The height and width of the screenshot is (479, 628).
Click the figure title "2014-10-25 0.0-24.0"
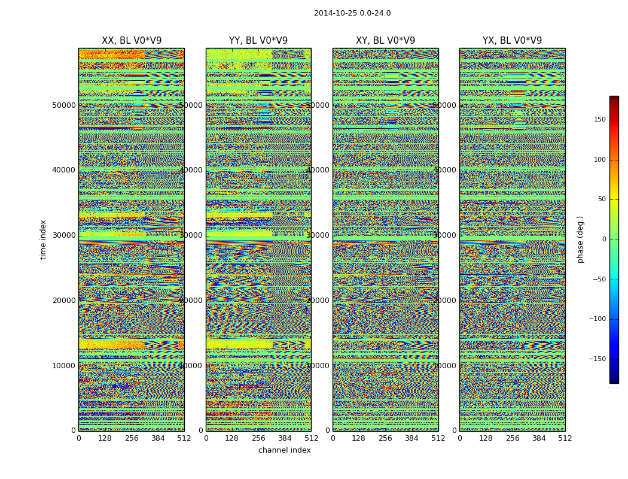352,13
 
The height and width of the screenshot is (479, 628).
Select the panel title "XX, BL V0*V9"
132,41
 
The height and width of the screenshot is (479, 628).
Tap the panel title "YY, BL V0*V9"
258,41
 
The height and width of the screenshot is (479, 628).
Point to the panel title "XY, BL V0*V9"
385,41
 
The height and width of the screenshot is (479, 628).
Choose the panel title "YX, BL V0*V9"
512,41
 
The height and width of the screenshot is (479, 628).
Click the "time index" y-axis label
43,239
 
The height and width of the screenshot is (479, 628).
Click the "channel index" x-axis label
285,450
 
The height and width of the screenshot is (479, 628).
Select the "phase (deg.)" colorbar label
580,239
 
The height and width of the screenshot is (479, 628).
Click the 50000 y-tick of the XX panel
64,105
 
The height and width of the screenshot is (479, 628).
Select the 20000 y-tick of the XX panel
64,301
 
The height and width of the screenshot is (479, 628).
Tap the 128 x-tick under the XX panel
105,438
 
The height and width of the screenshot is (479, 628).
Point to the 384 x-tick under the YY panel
285,438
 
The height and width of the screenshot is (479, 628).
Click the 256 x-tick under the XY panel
385,438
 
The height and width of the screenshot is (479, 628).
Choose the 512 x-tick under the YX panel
565,438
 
